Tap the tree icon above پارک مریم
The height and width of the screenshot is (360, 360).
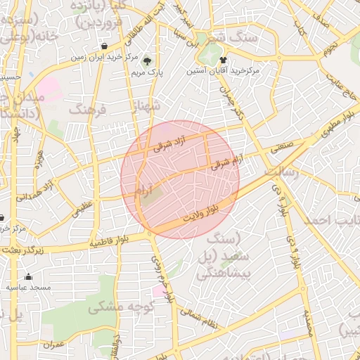[147, 60]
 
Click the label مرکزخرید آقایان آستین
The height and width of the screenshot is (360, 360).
[223, 71]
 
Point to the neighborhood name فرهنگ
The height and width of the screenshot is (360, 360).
[86, 110]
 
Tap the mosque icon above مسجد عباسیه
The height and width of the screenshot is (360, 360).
[28, 276]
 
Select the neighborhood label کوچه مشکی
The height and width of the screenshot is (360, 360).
[116, 308]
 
